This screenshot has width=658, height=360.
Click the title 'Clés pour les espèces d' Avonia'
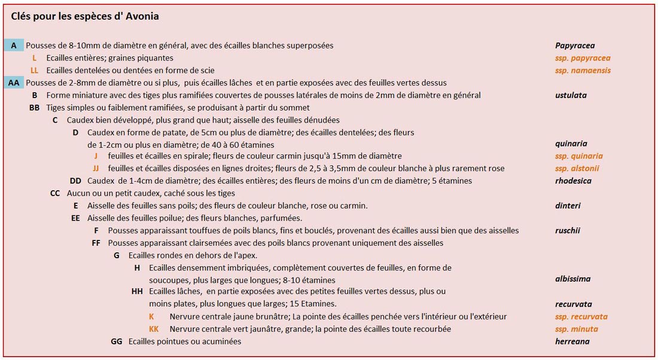[x=85, y=17]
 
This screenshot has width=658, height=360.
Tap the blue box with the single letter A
[x=14, y=45]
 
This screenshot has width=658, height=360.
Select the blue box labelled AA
[x=14, y=83]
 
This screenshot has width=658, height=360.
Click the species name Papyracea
[x=574, y=45]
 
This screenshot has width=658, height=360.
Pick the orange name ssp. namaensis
[x=583, y=71]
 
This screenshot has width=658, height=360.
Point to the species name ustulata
[x=571, y=95]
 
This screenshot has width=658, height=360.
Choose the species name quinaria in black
[x=571, y=144]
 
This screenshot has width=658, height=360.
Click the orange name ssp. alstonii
[x=577, y=169]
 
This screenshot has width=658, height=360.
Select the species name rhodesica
[x=574, y=181]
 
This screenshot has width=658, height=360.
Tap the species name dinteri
[x=568, y=206]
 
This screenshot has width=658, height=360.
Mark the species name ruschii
[x=568, y=231]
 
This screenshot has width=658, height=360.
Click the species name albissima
[x=572, y=279]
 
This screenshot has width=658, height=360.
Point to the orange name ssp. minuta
[x=576, y=329]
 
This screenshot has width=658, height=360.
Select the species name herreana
[x=572, y=341]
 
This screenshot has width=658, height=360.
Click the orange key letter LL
[x=35, y=71]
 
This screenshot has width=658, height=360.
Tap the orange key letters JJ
[x=96, y=169]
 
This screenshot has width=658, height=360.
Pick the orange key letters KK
[x=154, y=329]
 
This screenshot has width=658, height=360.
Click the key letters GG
[x=117, y=341]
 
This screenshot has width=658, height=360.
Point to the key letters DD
[x=75, y=181]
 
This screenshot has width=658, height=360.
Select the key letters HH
[x=137, y=292]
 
